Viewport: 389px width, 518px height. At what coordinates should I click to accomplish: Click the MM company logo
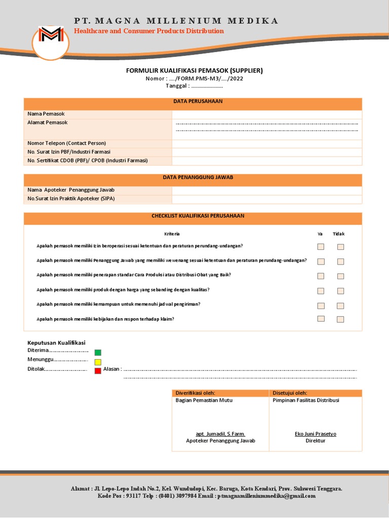[x=51, y=35]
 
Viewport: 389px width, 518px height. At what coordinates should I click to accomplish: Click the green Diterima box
[x=98, y=353]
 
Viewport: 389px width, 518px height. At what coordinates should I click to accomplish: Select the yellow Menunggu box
[x=98, y=362]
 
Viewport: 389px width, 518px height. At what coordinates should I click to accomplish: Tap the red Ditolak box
[x=98, y=371]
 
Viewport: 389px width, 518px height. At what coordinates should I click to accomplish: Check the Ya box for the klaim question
[x=321, y=319]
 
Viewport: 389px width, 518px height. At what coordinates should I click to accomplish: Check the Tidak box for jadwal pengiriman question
[x=340, y=306]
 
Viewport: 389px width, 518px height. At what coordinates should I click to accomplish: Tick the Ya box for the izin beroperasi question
[x=321, y=247]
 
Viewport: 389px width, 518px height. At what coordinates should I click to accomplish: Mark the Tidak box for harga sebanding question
[x=340, y=291]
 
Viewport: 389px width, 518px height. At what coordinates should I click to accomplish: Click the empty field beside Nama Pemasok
[x=267, y=114]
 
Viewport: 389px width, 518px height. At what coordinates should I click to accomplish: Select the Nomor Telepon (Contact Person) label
[x=67, y=143]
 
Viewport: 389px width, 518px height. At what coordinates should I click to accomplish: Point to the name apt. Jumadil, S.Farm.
[x=220, y=434]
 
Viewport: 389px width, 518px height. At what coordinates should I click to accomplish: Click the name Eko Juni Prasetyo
[x=315, y=434]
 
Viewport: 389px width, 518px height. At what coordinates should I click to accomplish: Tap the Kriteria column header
[x=172, y=234]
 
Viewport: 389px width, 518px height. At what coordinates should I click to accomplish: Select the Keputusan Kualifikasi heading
[x=56, y=343]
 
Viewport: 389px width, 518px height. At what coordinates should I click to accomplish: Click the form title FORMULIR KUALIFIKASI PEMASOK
[x=194, y=70]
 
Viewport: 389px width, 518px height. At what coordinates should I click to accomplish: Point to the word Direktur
[x=315, y=441]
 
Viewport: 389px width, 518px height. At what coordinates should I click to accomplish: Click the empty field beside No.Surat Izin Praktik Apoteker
[x=267, y=199]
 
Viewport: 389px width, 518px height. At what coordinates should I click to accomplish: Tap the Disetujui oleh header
[x=290, y=393]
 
